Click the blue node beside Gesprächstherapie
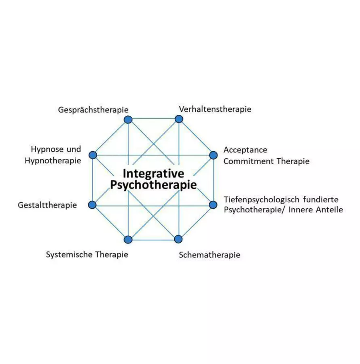(128, 119)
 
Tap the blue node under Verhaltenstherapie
(179, 119)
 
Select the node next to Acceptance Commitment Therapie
(214, 155)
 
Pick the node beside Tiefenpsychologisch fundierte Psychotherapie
(214, 205)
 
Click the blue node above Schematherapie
(178, 239)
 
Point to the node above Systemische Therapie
(128, 239)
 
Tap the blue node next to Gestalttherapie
(92, 205)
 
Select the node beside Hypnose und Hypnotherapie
(93, 155)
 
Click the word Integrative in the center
(153, 174)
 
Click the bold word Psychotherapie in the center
(153, 185)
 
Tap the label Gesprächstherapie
(93, 110)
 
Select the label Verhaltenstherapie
(215, 109)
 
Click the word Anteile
(329, 210)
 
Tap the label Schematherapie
(209, 255)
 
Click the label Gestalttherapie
(47, 205)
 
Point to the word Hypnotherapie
(53, 161)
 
